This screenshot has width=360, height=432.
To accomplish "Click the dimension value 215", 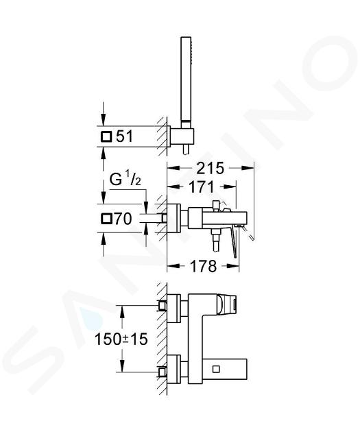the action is pyautogui.click(x=210, y=168).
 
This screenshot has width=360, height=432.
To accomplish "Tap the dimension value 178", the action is pyautogui.click(x=204, y=267).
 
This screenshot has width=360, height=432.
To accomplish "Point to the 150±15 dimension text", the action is pyautogui.click(x=121, y=339).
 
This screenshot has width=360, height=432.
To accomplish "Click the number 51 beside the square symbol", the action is pyautogui.click(x=125, y=136).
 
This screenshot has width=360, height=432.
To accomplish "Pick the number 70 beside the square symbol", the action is pyautogui.click(x=123, y=219).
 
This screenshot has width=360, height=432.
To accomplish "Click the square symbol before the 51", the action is pyautogui.click(x=106, y=136).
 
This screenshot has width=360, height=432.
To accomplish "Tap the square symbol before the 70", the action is pyautogui.click(x=106, y=219).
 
